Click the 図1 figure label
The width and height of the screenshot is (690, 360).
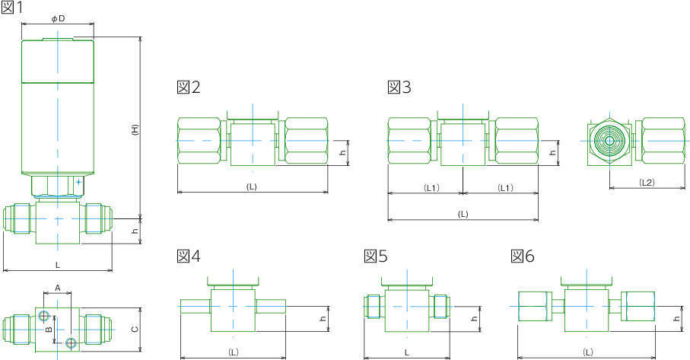[12, 7]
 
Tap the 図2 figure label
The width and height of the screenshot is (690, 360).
[189, 87]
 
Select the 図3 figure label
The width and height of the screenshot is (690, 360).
[399, 87]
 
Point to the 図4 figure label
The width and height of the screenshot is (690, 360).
[189, 256]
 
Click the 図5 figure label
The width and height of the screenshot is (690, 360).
[376, 256]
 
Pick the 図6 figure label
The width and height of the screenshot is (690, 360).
[523, 256]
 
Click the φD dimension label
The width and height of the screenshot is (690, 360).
[58, 19]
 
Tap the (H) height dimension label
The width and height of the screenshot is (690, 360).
[135, 129]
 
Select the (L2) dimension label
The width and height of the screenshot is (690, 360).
[647, 182]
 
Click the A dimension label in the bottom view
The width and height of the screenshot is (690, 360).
[57, 288]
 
